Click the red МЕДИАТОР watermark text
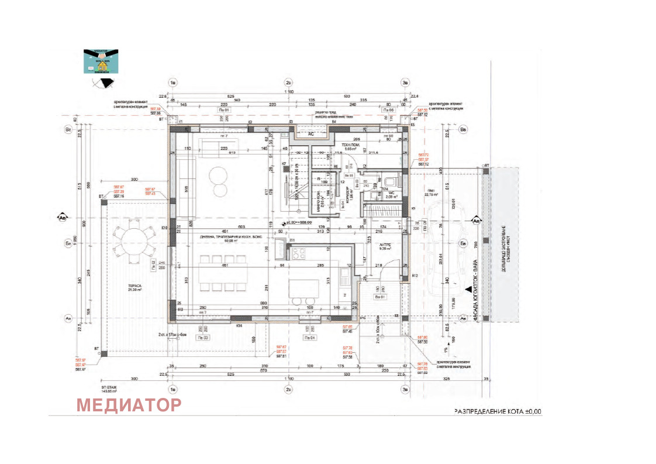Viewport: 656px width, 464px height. coord(129,404)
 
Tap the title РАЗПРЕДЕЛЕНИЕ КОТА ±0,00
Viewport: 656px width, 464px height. coord(498,411)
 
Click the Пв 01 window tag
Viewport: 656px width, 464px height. coord(222,109)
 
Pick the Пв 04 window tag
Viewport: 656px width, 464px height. coord(309,338)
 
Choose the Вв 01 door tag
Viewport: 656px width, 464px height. coord(381,297)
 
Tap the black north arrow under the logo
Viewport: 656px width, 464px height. coord(106,83)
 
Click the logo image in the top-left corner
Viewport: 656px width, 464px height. coord(101,61)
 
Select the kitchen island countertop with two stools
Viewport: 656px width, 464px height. coord(303,289)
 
